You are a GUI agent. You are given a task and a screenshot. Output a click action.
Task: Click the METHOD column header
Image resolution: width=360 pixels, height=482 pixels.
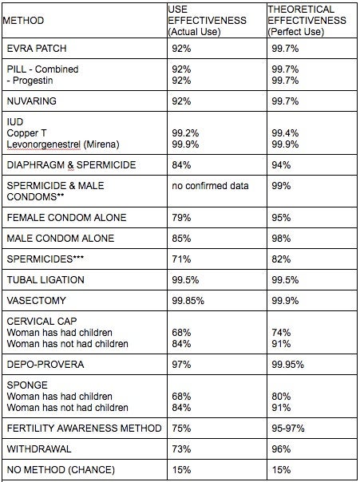23,21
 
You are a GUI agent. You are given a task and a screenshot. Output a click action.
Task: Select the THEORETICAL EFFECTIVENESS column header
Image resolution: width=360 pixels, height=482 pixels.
307,21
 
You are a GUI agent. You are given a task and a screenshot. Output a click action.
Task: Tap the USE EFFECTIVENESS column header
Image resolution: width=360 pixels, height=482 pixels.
207,21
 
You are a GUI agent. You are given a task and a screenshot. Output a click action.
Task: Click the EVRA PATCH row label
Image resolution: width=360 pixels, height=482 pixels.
37,49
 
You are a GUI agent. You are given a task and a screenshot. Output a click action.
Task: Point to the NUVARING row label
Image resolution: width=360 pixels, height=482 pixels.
32,101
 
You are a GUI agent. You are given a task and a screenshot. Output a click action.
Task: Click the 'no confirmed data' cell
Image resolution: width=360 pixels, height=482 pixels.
210,186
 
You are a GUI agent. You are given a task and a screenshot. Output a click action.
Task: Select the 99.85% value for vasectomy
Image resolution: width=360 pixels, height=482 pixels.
188,300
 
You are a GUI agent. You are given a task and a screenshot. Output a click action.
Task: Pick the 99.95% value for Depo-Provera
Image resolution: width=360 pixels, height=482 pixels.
287,364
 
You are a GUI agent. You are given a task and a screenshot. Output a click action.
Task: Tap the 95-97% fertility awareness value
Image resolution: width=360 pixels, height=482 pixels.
287,429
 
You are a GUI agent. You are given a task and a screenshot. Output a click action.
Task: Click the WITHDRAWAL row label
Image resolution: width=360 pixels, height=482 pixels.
39,449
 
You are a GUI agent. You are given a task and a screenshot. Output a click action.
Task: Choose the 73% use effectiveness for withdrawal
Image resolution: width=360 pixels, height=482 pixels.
181,449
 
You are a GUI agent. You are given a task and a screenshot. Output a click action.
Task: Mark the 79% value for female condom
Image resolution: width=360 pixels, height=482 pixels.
181,218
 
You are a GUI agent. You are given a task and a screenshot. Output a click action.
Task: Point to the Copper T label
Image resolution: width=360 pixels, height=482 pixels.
27,133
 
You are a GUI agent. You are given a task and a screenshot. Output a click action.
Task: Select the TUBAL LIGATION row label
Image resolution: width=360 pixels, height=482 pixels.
45,280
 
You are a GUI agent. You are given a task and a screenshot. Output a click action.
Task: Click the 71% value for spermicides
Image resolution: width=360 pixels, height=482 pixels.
181,259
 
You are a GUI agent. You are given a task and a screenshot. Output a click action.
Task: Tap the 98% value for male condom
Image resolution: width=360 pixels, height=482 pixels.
281,239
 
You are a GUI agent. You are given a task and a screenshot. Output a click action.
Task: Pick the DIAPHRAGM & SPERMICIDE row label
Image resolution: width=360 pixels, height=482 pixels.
71,165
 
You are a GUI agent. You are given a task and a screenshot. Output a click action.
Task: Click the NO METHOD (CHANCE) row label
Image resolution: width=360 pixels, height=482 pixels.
61,470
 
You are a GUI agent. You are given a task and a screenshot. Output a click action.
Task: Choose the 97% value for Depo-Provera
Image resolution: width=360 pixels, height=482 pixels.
181,364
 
